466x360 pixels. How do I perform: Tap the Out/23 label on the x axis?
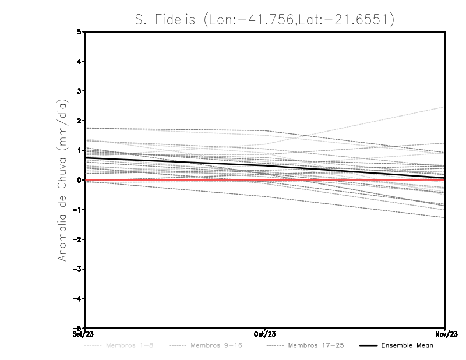pos(265,334)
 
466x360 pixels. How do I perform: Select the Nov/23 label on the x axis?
pos(445,334)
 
